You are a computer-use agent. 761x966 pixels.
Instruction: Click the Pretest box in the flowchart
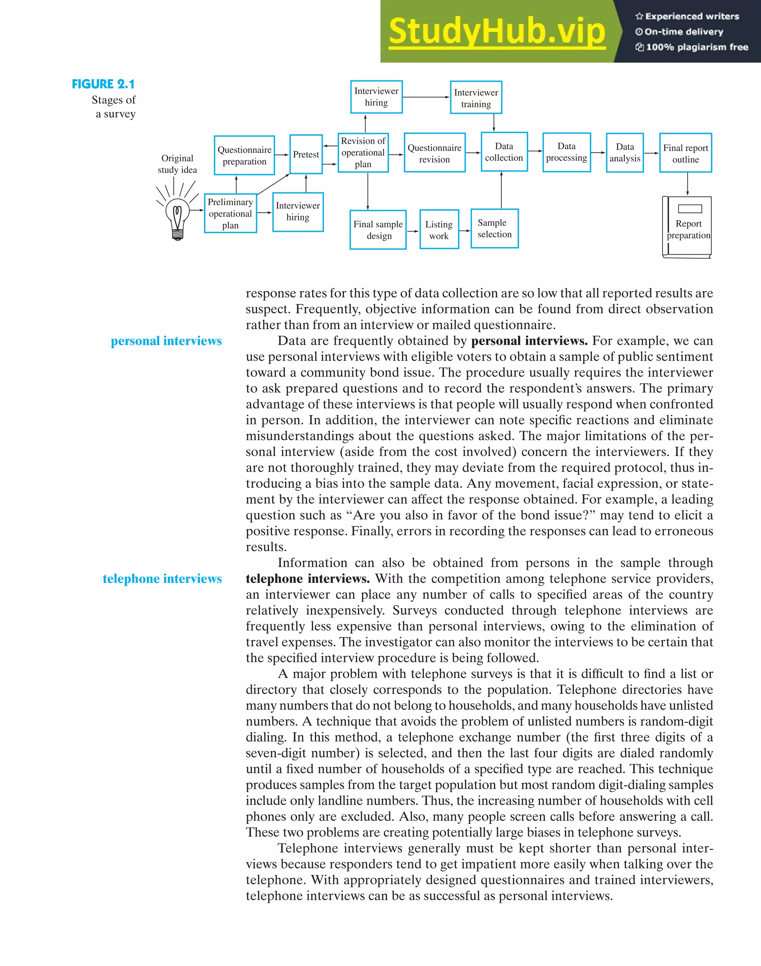coord(306,154)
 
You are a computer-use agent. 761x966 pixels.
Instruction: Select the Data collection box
coord(504,152)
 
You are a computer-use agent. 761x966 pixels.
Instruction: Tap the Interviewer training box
coord(476,98)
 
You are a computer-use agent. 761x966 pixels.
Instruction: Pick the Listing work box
coord(439,229)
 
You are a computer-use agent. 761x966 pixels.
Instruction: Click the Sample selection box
coord(495,229)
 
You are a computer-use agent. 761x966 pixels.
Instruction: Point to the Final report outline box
coord(685,153)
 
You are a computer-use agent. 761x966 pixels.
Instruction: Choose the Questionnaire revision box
coord(434,153)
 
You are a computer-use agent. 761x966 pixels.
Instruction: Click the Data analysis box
coord(625,153)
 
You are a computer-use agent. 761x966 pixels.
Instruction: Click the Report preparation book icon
coord(687,227)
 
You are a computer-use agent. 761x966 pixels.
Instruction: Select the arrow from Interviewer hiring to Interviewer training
coord(426,97)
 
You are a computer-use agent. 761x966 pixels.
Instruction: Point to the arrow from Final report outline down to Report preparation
coord(687,184)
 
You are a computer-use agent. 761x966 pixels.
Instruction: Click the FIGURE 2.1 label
coord(103,84)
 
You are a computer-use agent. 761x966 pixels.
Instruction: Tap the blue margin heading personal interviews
coord(166,341)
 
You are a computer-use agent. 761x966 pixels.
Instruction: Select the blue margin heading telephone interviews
coord(162,579)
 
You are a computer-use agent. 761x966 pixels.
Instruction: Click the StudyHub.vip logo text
coord(497,31)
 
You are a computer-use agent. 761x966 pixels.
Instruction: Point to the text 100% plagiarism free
coord(696,47)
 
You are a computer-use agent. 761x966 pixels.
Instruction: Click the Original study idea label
coord(177,164)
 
